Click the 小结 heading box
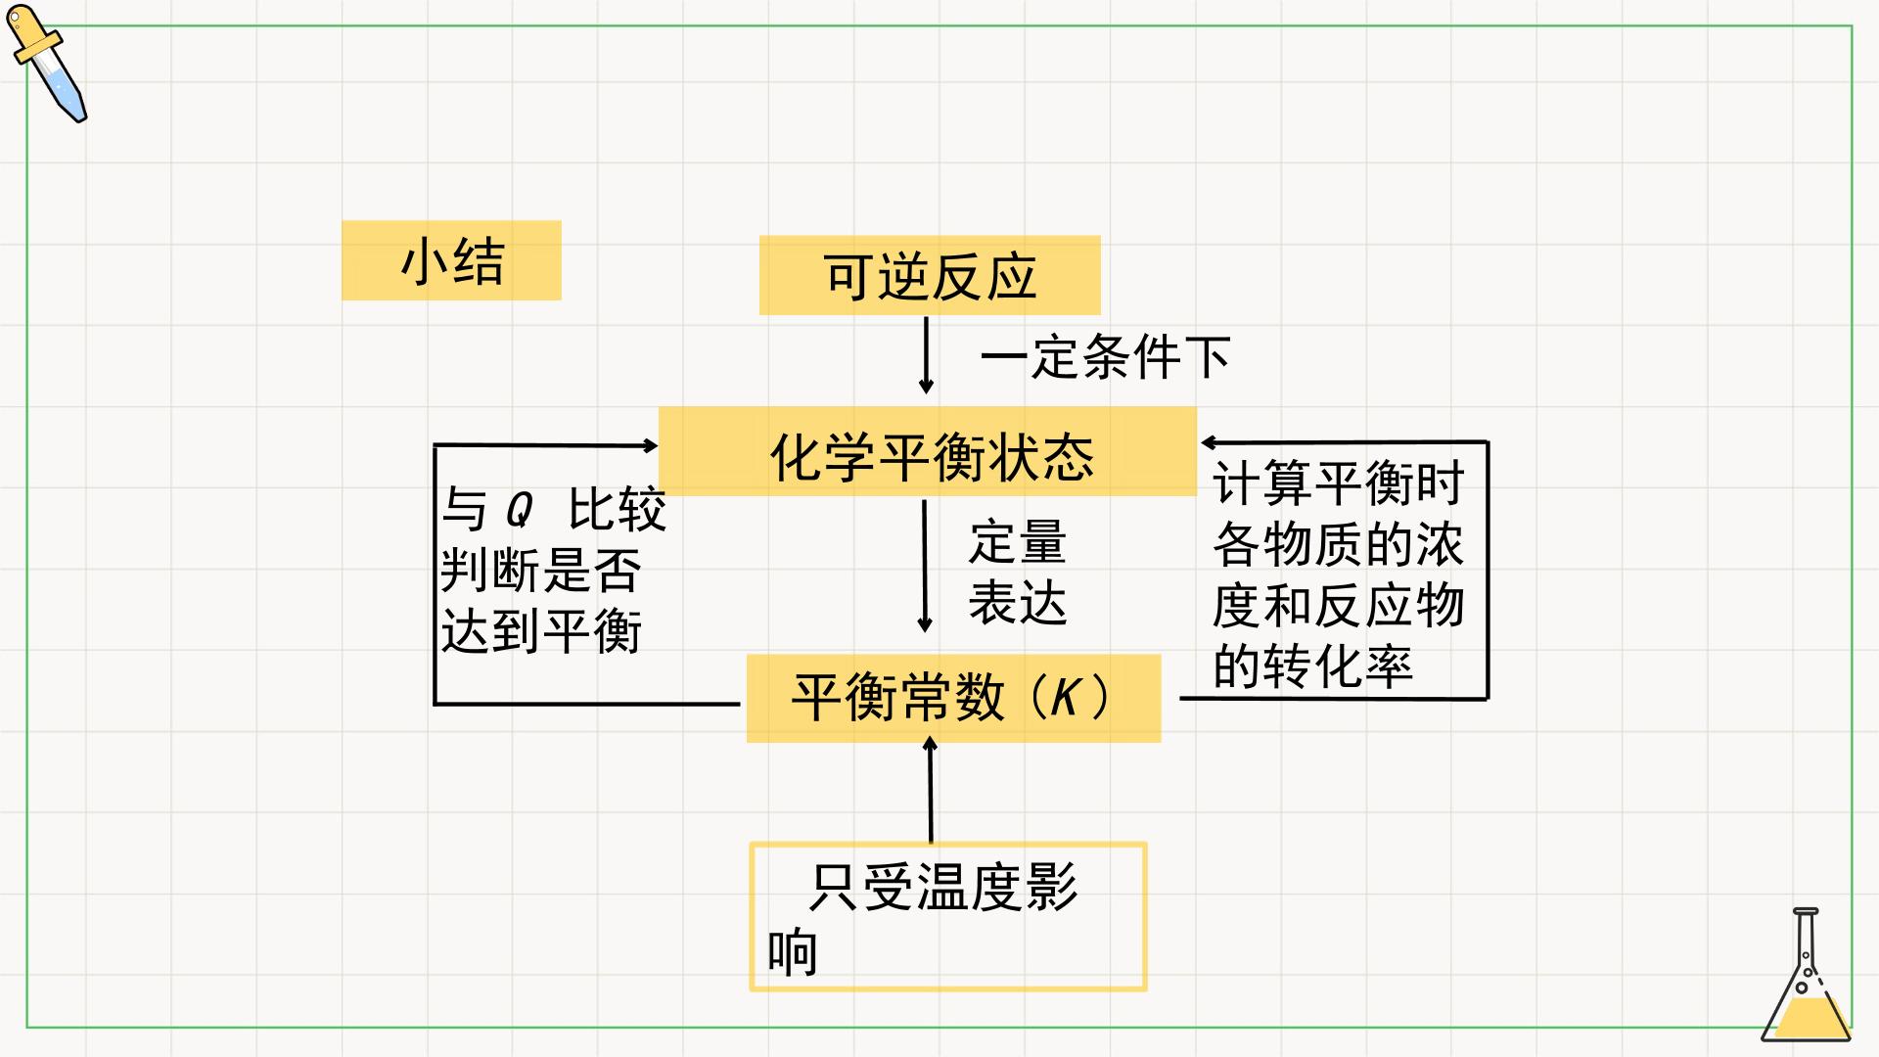(x=451, y=260)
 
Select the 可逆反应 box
(x=930, y=275)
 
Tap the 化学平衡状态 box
(x=928, y=451)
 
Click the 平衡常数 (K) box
(x=953, y=698)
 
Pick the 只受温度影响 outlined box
(x=947, y=844)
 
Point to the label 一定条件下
(x=1105, y=356)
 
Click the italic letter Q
(x=519, y=510)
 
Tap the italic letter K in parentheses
(x=1066, y=698)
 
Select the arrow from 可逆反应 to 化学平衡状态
(x=926, y=355)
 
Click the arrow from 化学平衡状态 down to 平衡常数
(x=925, y=567)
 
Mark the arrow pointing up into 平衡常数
(x=930, y=790)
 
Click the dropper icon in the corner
(x=47, y=64)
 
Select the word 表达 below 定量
(x=1018, y=602)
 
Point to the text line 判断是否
(x=541, y=570)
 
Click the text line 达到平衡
(x=541, y=630)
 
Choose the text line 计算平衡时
(x=1339, y=483)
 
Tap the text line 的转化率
(x=1313, y=666)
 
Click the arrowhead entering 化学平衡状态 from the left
(x=651, y=445)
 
